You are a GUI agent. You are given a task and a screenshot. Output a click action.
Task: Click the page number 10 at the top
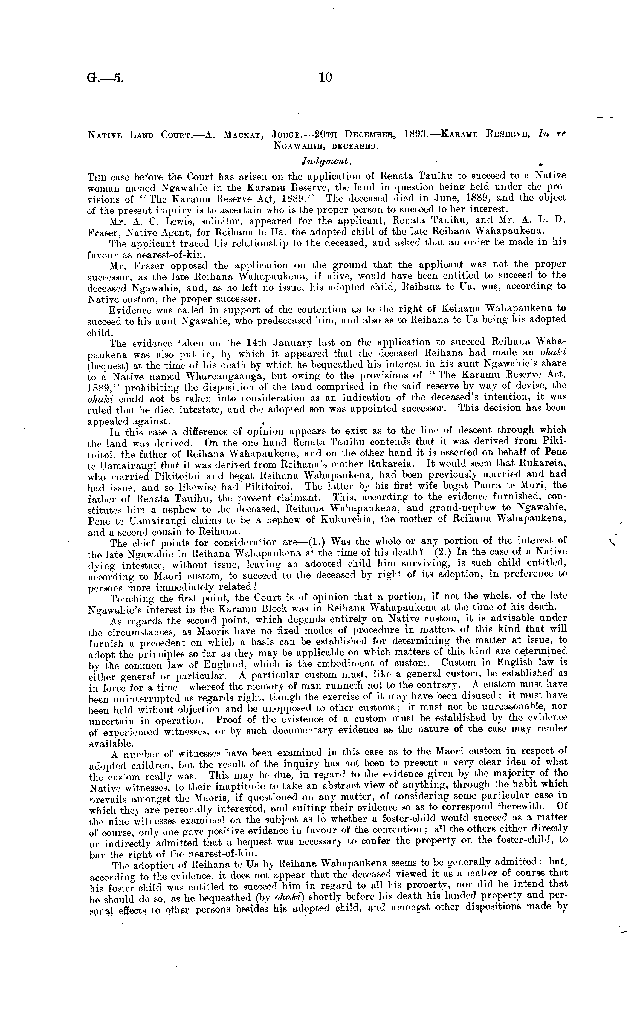pos(326,77)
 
